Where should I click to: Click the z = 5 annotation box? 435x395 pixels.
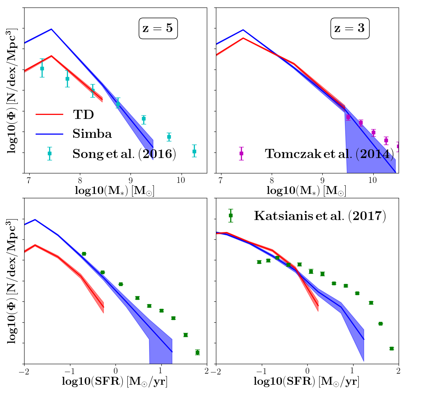(158, 29)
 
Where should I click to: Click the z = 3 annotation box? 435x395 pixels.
(350, 29)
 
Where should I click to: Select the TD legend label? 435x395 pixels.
(83, 115)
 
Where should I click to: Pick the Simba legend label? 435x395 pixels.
(92, 134)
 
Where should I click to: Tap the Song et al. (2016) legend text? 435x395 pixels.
(124, 154)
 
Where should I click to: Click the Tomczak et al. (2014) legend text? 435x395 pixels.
(329, 154)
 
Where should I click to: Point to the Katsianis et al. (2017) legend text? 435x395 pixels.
(320, 216)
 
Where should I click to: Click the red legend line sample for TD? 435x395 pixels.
(49, 115)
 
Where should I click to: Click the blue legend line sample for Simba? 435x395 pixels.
(49, 134)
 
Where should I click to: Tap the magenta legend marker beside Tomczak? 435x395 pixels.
(241, 153)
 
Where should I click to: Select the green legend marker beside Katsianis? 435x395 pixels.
(231, 215)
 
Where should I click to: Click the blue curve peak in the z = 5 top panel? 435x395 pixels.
(51, 29)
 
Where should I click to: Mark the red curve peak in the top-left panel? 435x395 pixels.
(51, 56)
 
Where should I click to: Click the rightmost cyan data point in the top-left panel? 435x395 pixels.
(194, 151)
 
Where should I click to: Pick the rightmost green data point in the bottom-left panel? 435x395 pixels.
(197, 352)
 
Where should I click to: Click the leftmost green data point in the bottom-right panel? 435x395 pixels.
(259, 262)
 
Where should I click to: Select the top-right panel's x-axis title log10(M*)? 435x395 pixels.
(306, 190)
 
